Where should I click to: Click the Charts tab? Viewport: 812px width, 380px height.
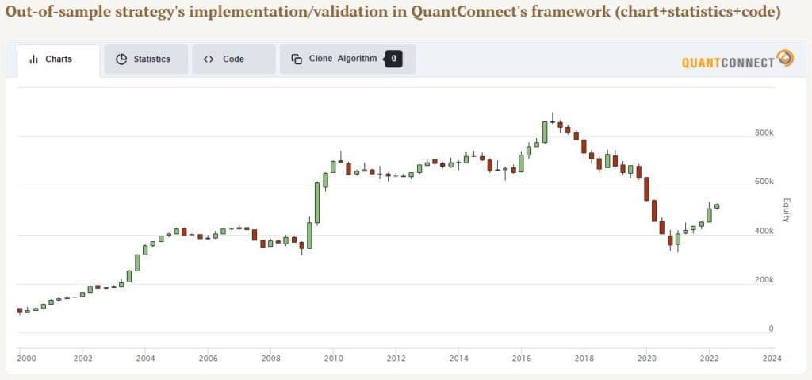coord(58,59)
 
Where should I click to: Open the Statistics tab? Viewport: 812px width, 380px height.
coord(146,59)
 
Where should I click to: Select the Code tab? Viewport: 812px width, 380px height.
coord(234,59)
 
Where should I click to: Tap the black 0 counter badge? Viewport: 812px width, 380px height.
coord(393,59)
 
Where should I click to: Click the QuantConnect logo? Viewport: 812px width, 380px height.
coord(737,59)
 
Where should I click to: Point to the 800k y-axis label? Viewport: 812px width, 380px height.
coord(764,132)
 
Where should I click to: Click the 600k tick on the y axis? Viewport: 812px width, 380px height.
coord(764,182)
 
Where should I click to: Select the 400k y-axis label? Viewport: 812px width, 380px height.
coord(764,231)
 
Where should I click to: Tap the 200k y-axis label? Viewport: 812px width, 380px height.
coord(764,280)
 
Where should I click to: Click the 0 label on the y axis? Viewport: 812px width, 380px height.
coord(771,328)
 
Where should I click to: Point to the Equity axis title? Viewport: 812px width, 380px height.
coord(786,210)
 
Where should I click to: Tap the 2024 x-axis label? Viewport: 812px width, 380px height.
coord(772,358)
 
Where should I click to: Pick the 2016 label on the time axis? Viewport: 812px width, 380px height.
coord(521,358)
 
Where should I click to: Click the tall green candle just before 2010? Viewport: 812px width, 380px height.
coord(317,203)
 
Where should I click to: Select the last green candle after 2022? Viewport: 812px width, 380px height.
coord(717,206)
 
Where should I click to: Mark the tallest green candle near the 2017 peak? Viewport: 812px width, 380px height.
coord(545,132)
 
